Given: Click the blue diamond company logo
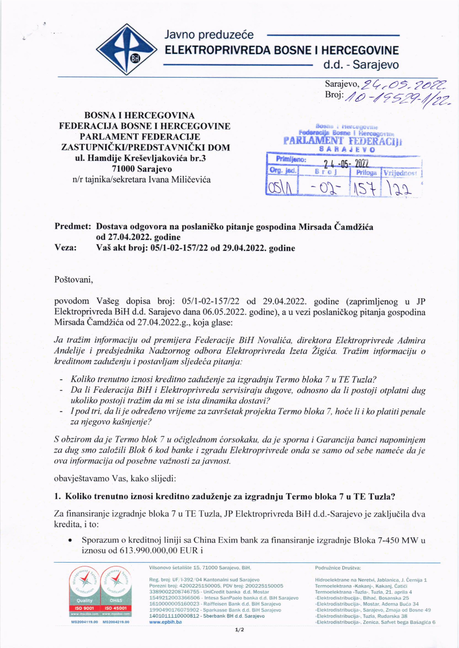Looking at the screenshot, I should tap(126, 49).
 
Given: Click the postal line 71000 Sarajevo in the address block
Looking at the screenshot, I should tap(142, 169).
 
